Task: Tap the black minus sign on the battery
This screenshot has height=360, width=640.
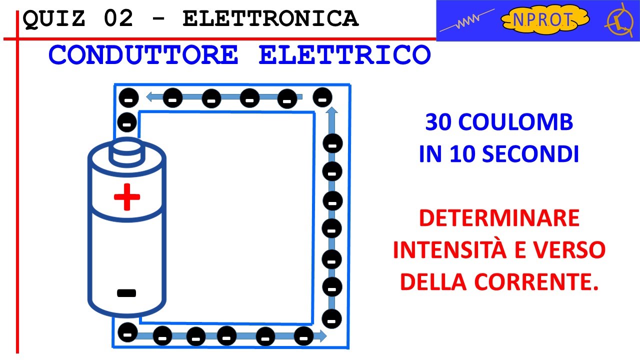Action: pyautogui.click(x=126, y=293)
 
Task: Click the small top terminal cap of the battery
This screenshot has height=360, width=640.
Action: pyautogui.click(x=126, y=152)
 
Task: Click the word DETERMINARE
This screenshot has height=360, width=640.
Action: pyautogui.click(x=499, y=218)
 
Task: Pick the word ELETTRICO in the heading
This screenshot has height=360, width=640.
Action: pyautogui.click(x=344, y=55)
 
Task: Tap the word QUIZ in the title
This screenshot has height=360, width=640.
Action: pyautogui.click(x=55, y=19)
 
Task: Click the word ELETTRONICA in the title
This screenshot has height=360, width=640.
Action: pyautogui.click(x=270, y=19)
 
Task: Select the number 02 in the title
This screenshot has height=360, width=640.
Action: pyautogui.click(x=119, y=19)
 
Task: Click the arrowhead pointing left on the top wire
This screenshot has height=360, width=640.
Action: pyautogui.click(x=149, y=97)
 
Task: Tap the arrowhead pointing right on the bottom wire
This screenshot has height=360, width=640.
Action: pyautogui.click(x=323, y=335)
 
